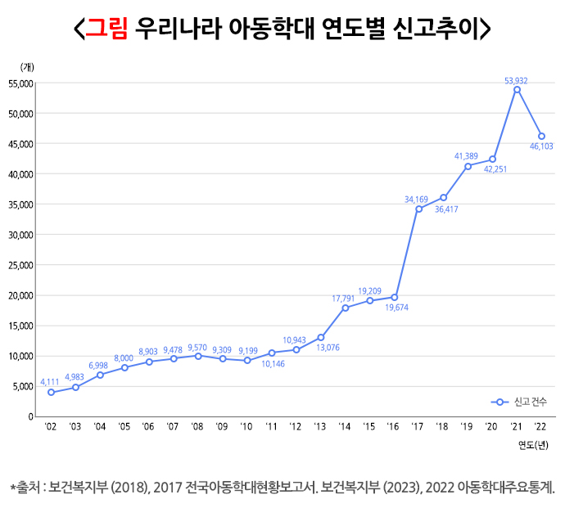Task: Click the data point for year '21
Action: [517, 89]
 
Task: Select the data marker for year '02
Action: [51, 392]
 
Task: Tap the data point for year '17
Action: [418, 209]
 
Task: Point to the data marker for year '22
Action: [541, 136]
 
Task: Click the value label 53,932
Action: [516, 80]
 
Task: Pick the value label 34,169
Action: [418, 199]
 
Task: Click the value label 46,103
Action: [541, 146]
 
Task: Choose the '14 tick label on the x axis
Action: [345, 426]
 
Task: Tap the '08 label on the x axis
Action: [197, 426]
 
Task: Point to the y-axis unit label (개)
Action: [28, 66]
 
